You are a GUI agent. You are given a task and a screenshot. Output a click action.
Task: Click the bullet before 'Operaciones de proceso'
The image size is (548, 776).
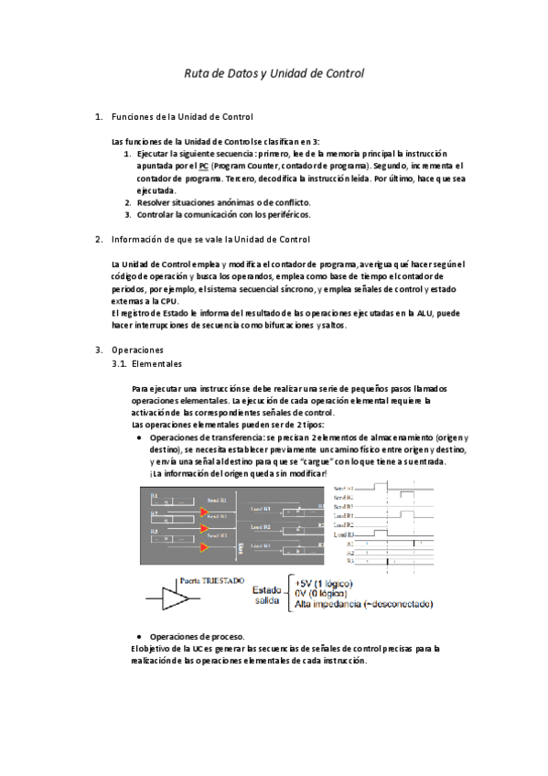[138, 636]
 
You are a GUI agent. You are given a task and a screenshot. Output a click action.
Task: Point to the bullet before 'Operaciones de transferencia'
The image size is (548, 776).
[138, 437]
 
